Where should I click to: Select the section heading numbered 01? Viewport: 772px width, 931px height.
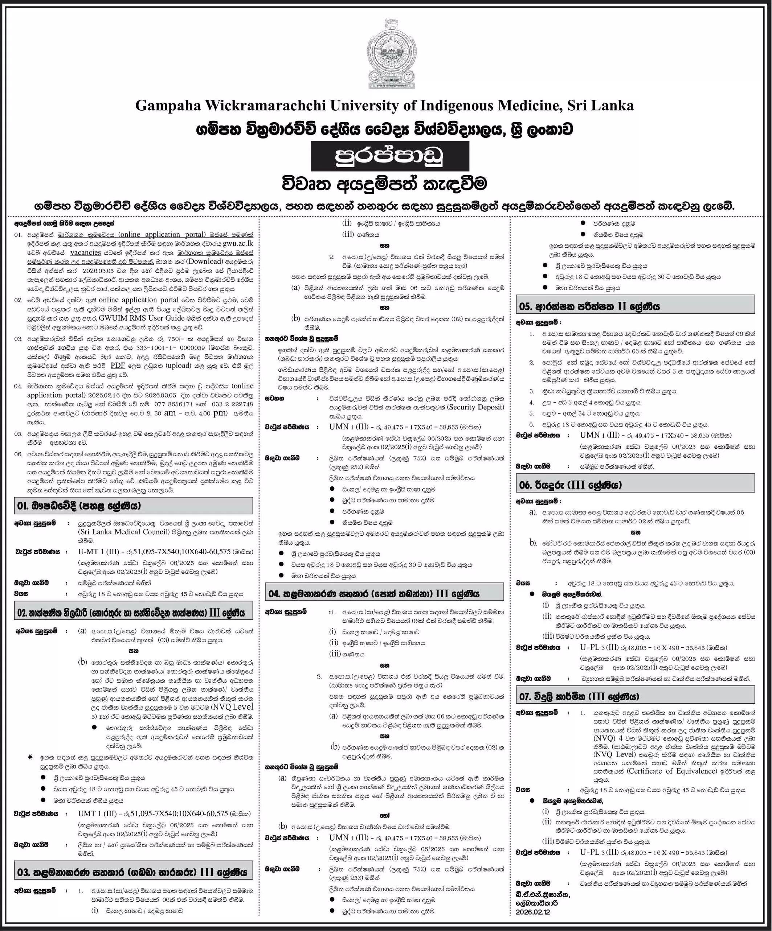point(133,506)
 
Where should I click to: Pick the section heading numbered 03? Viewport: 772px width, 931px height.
point(133,873)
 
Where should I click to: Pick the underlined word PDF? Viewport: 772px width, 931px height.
point(118,365)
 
